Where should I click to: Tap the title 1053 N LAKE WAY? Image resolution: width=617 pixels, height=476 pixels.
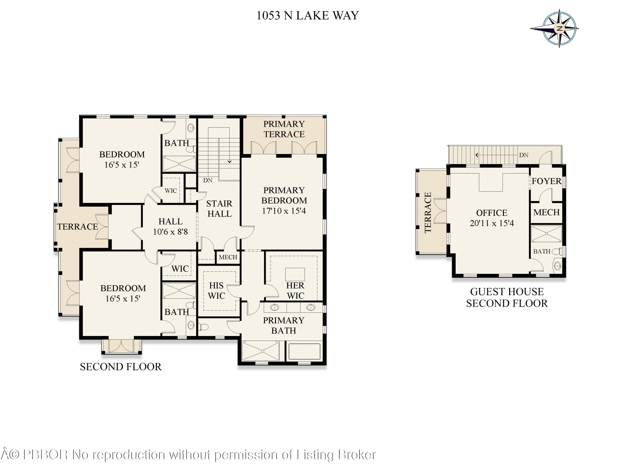coord(308,15)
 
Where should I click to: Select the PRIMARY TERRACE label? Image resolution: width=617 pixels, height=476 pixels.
coord(284,129)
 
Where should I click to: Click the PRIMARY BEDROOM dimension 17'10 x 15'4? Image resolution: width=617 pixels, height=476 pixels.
coord(284,211)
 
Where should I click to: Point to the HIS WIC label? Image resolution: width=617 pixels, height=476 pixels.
coord(216,291)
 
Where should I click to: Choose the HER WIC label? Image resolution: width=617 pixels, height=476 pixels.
coord(295,291)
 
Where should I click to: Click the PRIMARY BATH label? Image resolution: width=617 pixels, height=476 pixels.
coord(283,325)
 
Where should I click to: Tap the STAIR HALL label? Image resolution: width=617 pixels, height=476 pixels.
coord(219,209)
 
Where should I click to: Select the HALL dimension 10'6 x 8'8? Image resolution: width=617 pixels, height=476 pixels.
coord(170,232)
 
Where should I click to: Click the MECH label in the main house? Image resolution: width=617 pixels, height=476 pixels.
coord(228,257)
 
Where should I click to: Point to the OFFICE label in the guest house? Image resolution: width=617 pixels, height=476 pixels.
coord(492,213)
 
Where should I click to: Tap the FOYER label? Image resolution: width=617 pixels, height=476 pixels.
coord(546,181)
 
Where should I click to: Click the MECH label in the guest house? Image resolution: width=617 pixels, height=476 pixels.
coord(546,212)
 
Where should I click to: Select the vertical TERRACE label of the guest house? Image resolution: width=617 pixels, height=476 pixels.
coord(428,212)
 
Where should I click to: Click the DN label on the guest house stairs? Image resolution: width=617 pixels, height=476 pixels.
coord(523,155)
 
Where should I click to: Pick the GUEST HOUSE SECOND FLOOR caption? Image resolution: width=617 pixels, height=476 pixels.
coord(507,298)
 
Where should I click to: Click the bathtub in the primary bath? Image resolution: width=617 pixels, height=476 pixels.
coord(304,352)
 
